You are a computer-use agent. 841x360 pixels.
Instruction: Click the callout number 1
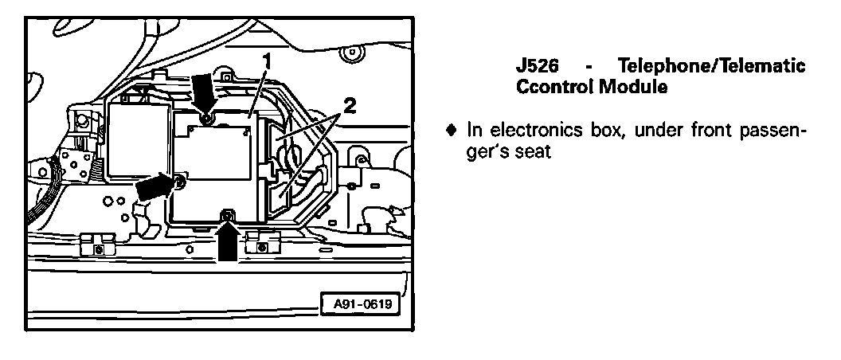tap(268, 60)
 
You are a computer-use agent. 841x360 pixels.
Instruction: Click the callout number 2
tap(348, 104)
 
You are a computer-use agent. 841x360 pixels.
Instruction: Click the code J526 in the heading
tap(538, 66)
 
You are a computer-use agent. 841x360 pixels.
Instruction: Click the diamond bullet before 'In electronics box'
tap(452, 129)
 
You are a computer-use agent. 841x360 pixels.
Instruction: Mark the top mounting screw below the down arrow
tap(206, 119)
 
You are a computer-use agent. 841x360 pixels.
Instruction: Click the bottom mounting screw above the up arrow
tap(229, 213)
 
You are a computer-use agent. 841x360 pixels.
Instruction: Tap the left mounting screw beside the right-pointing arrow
tap(179, 184)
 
